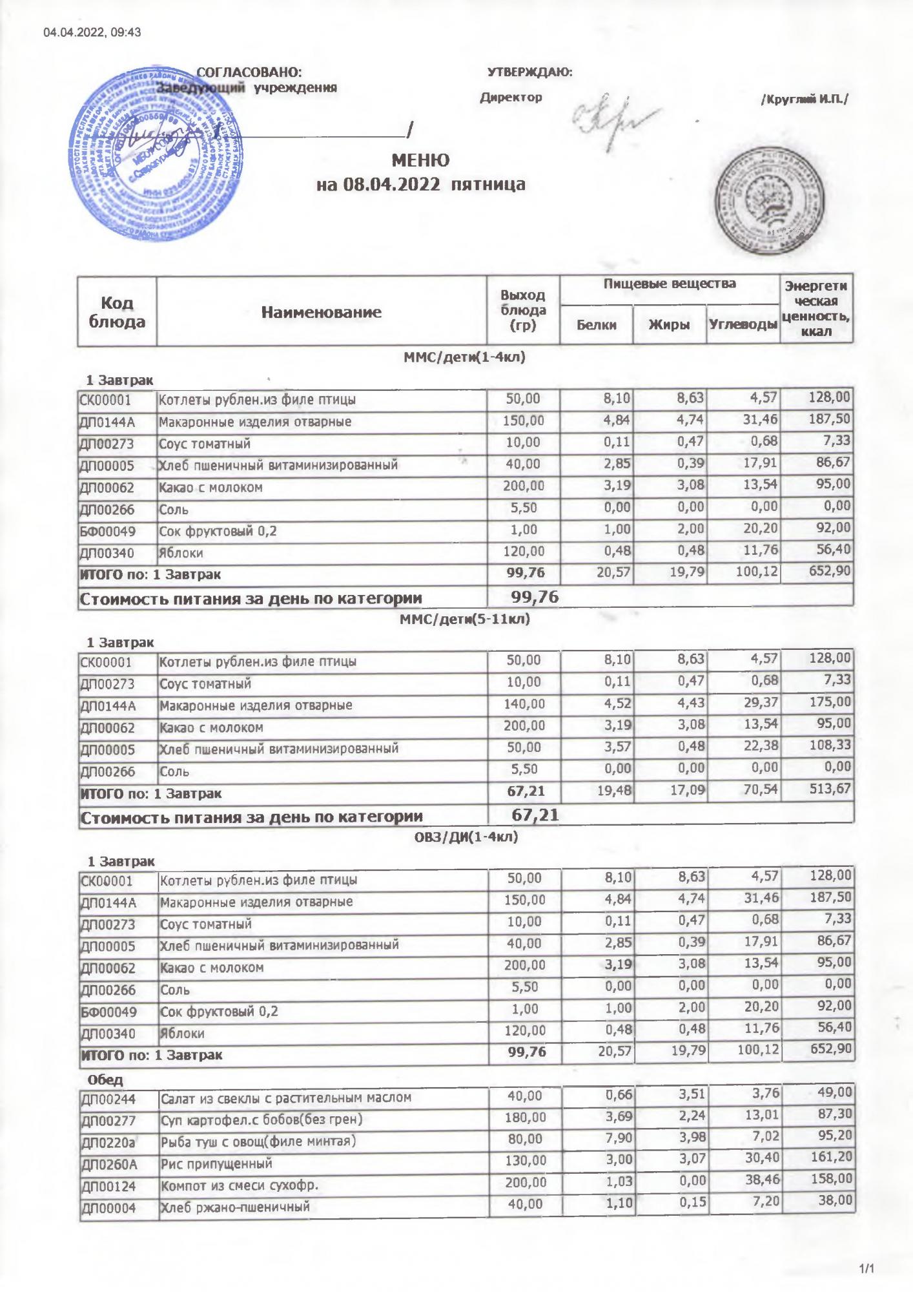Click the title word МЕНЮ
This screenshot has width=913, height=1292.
coord(420,160)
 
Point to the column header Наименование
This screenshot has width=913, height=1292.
coord(322,313)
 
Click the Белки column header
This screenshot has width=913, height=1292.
coord(596,325)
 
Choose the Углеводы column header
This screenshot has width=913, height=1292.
coord(743,325)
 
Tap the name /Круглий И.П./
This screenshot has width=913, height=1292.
coord(805,99)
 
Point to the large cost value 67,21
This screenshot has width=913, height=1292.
coord(535,815)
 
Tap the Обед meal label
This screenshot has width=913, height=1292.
coord(105,1079)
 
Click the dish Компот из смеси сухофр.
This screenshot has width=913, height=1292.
coord(241,1185)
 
